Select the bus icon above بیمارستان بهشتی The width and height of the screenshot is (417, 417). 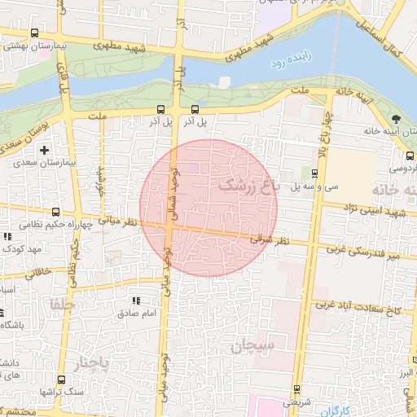click(33, 33)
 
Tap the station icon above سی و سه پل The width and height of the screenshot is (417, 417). click(314, 173)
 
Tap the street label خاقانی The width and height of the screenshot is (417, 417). click(37, 271)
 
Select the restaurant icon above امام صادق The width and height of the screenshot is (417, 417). click(135, 301)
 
